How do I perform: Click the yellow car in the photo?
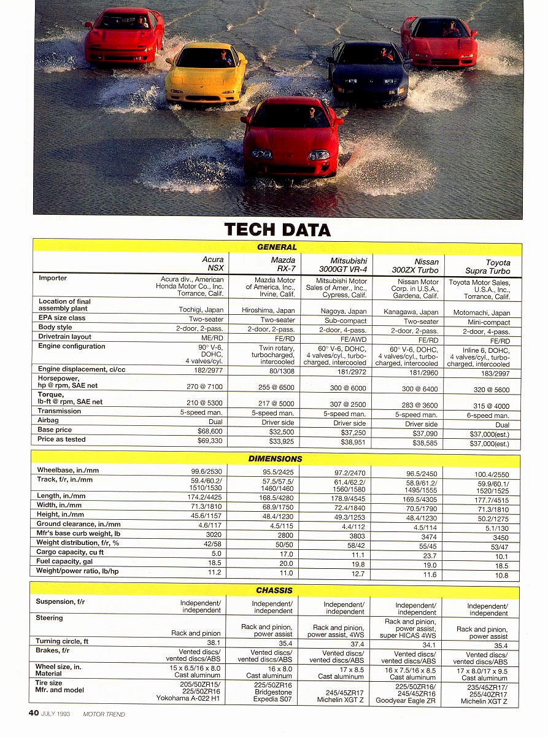(206, 72)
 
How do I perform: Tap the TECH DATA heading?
(277, 230)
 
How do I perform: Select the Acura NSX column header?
(213, 264)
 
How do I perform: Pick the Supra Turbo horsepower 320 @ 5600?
(489, 389)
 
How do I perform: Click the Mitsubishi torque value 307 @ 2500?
(349, 404)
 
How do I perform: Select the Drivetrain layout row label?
(64, 336)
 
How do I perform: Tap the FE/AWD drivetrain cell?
(353, 340)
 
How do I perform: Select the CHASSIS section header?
(274, 590)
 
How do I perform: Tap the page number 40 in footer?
(34, 713)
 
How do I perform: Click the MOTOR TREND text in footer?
(104, 714)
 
